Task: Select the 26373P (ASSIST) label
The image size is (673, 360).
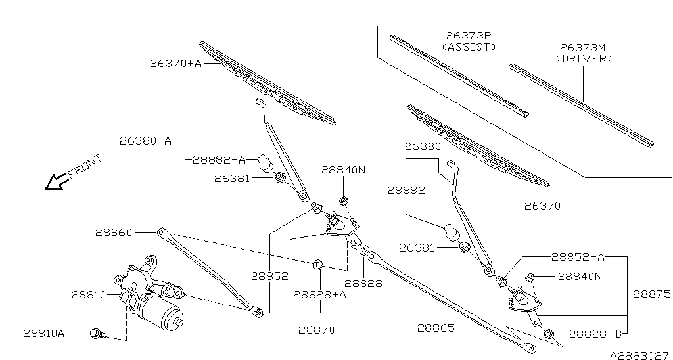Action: pyautogui.click(x=469, y=41)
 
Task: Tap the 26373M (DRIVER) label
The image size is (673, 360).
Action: pyautogui.click(x=584, y=53)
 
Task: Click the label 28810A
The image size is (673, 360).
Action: pyautogui.click(x=43, y=334)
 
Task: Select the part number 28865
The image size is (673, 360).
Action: pyautogui.click(x=435, y=327)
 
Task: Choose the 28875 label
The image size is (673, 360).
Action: pyautogui.click(x=651, y=295)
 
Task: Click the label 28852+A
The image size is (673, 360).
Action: pyautogui.click(x=578, y=257)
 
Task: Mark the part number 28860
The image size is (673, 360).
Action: pyautogui.click(x=114, y=232)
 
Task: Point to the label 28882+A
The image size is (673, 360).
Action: pyautogui.click(x=219, y=159)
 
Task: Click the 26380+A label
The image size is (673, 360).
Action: pyautogui.click(x=145, y=140)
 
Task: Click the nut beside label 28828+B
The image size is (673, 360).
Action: pyautogui.click(x=551, y=334)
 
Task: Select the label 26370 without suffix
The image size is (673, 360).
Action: pyautogui.click(x=542, y=205)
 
